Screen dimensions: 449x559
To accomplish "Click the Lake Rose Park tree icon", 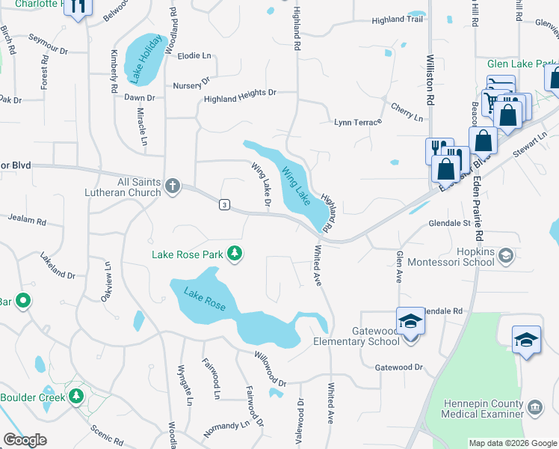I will point(235,254).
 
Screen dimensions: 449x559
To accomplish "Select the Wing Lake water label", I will point(295,187).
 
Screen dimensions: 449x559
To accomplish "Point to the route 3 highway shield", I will point(223,204).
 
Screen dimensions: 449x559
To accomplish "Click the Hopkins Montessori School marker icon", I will point(506,257).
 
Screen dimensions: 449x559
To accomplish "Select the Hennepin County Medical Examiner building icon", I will point(535,408).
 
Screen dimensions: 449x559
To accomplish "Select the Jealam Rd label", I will point(27,219).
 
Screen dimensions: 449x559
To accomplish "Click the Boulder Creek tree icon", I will point(75,396).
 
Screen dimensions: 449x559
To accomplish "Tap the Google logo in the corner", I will point(25,440).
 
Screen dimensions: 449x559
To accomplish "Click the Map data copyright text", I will point(513,443).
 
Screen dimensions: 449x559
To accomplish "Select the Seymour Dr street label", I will point(48,44).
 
